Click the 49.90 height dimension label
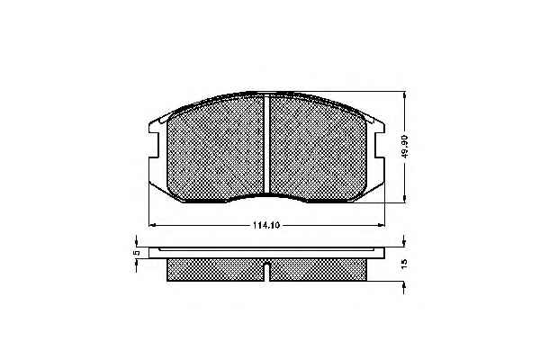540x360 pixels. click(405, 147)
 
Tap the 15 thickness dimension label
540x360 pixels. click(404, 264)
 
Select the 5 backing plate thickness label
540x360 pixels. click(137, 253)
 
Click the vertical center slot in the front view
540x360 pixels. click(266, 145)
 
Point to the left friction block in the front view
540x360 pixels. click(216, 148)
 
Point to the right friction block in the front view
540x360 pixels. click(318, 148)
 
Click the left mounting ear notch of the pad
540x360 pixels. click(154, 145)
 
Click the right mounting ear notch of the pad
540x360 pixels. click(380, 145)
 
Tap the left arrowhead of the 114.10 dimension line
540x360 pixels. click(152, 225)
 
